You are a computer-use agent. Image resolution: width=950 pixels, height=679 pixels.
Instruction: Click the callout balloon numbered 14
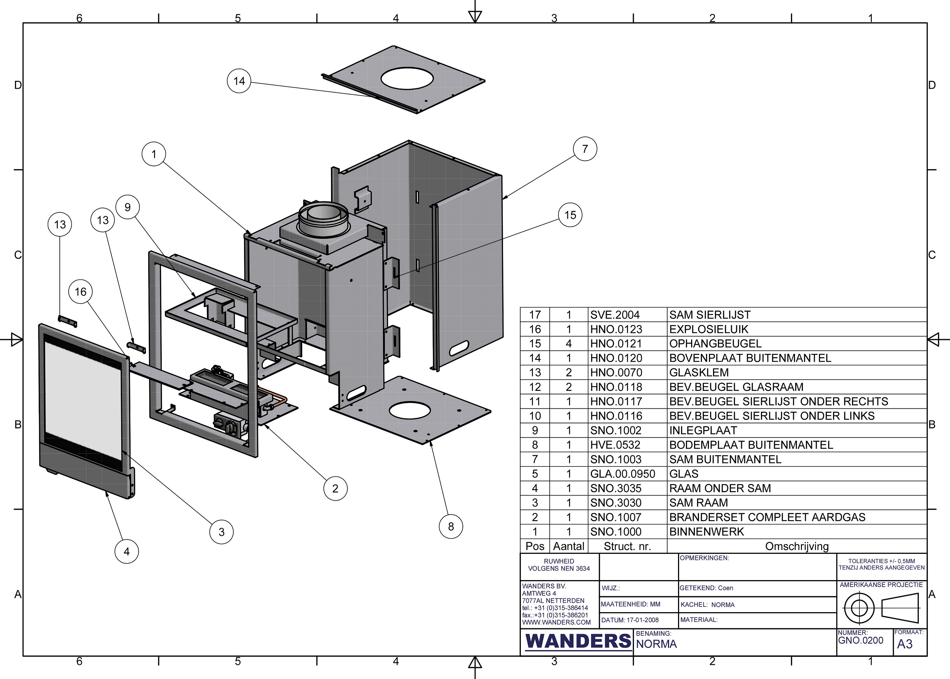pyautogui.click(x=239, y=81)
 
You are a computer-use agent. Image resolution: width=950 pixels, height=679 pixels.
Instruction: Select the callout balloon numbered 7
pyautogui.click(x=585, y=149)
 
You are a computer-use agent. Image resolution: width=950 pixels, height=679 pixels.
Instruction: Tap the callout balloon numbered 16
pyautogui.click(x=81, y=292)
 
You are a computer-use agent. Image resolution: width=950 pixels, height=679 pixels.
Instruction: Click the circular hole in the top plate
pyautogui.click(x=407, y=78)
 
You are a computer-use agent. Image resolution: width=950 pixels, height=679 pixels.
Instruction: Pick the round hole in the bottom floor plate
pyautogui.click(x=409, y=411)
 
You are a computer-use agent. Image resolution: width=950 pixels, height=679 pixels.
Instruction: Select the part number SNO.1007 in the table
pyautogui.click(x=616, y=517)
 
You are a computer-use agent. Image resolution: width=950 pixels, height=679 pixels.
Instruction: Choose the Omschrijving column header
pyautogui.click(x=797, y=546)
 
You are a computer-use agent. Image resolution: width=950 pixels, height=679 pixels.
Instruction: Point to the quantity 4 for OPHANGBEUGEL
pyautogui.click(x=569, y=344)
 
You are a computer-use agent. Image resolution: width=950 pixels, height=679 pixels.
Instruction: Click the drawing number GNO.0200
pyautogui.click(x=861, y=640)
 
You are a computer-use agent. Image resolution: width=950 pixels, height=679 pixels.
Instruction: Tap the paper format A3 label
pyautogui.click(x=905, y=644)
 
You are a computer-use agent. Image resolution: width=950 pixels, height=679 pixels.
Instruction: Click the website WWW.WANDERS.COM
pyautogui.click(x=556, y=622)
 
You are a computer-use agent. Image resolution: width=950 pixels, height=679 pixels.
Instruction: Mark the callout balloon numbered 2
pyautogui.click(x=335, y=488)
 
